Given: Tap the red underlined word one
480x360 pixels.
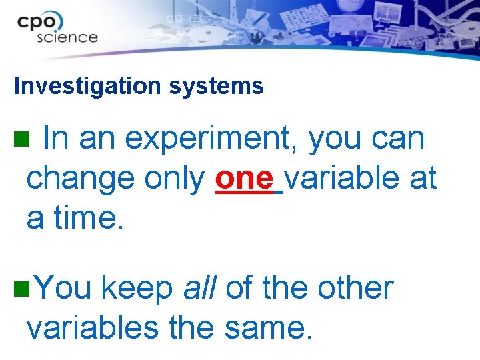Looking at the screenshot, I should coord(244,178).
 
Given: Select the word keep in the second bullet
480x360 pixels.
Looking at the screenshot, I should coord(137,289).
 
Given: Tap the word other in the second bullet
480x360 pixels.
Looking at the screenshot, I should coord(355,288).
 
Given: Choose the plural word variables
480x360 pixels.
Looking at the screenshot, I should coord(92,327).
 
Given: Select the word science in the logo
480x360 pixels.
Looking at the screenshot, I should coord(67,37).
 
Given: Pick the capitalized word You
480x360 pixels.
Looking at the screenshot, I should coord(63,288).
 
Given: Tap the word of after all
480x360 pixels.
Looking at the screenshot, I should coord(240,288).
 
